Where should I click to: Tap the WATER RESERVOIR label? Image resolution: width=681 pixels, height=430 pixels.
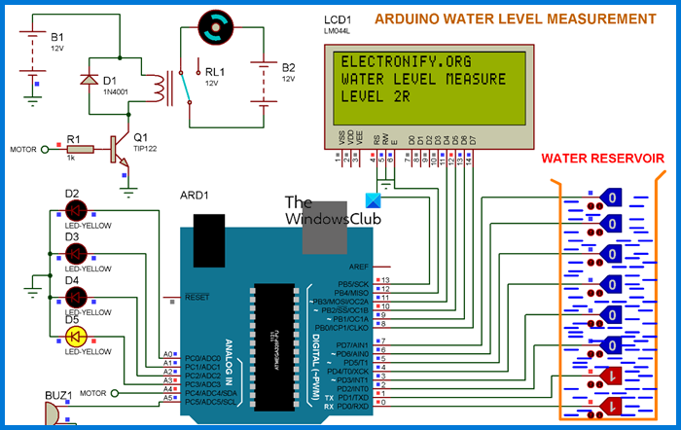pyautogui.click(x=602, y=157)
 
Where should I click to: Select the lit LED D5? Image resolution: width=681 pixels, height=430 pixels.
pyautogui.click(x=75, y=337)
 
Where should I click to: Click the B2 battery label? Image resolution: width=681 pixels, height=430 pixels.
pyautogui.click(x=288, y=67)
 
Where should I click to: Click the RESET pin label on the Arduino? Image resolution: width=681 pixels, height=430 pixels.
pyautogui.click(x=197, y=297)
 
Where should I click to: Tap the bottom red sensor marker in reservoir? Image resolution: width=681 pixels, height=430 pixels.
pyautogui.click(x=611, y=405)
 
